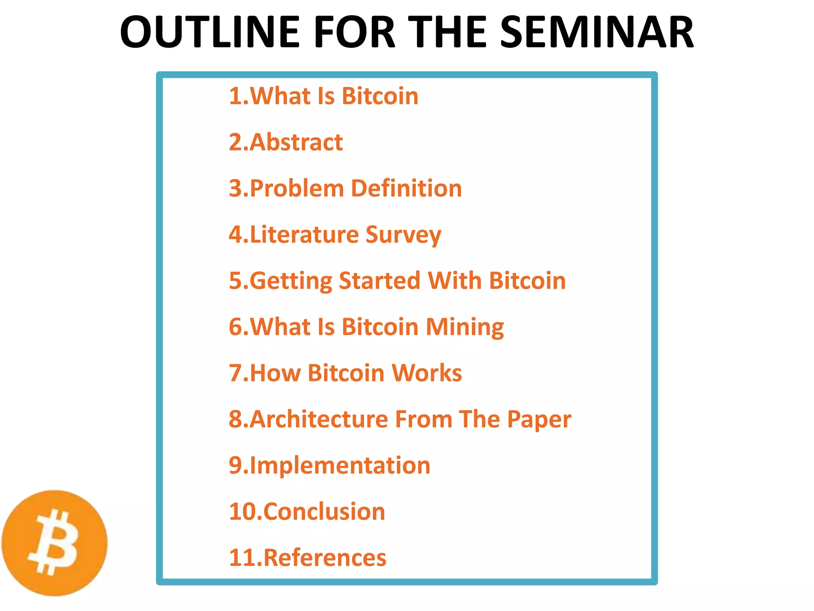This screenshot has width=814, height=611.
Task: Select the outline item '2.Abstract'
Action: tap(286, 142)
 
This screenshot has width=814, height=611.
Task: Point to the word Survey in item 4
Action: tap(403, 235)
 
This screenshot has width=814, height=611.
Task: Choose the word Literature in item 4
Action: tap(304, 234)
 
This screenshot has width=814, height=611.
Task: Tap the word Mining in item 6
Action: tap(465, 327)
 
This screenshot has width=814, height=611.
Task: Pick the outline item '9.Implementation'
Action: tap(329, 465)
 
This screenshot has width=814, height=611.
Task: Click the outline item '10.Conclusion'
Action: tap(307, 512)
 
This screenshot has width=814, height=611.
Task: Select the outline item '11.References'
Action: tap(307, 558)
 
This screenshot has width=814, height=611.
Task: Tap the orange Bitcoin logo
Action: tap(54, 543)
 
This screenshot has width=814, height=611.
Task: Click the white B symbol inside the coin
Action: tap(54, 543)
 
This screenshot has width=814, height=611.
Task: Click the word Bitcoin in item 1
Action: tap(380, 96)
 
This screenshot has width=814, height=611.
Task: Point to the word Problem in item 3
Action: tap(297, 188)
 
